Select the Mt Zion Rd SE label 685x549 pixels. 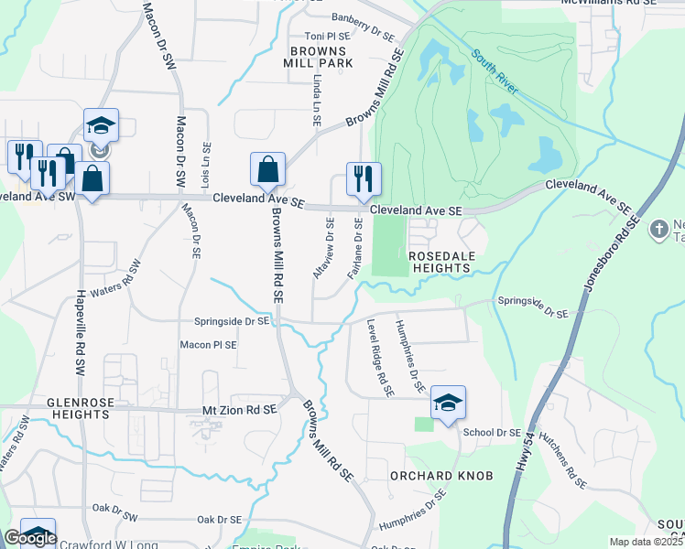click(x=239, y=414)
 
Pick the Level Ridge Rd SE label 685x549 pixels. click(x=379, y=358)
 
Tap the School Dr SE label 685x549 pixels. click(x=492, y=432)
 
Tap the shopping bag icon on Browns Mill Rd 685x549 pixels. click(x=267, y=170)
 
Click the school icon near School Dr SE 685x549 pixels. click(x=448, y=403)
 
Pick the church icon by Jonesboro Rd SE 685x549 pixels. click(x=658, y=228)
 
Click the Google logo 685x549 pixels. click(x=30, y=538)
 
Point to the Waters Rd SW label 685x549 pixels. click(x=118, y=289)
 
